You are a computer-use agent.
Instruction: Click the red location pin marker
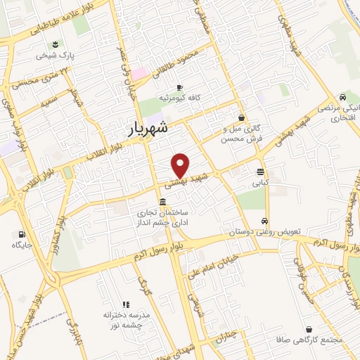(181, 165)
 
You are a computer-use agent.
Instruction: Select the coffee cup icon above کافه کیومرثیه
(179, 87)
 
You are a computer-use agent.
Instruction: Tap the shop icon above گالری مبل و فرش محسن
(242, 117)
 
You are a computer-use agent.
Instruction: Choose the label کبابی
(261, 182)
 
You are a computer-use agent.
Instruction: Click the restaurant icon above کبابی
(261, 172)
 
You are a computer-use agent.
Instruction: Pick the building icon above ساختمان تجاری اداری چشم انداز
(162, 202)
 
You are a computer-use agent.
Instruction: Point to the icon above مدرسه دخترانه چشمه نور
(127, 304)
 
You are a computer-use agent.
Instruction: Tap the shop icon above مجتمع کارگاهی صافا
(309, 329)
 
